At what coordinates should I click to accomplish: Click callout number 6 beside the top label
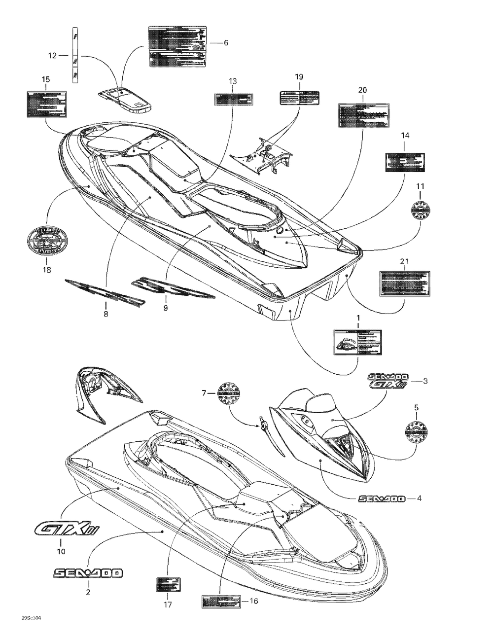tap(226, 43)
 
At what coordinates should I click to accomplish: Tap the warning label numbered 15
tap(46, 104)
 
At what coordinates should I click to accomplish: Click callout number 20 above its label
tap(362, 90)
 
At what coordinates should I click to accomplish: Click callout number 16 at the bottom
tap(254, 601)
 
